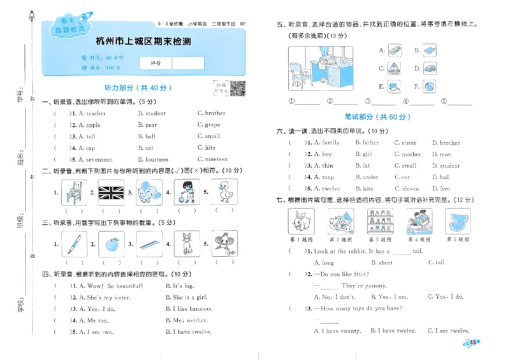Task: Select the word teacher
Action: point(94,113)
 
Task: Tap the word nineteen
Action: point(216,159)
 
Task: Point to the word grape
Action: point(212,125)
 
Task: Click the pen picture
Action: point(74,243)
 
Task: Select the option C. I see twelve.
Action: point(449,331)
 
